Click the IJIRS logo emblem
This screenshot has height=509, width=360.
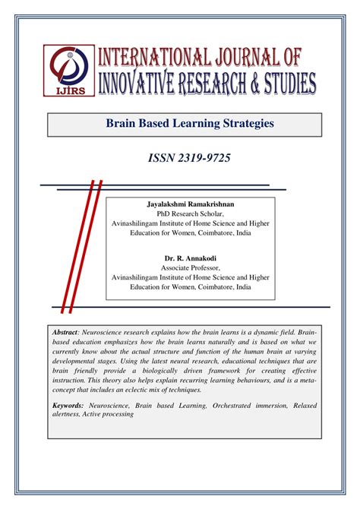click(x=69, y=70)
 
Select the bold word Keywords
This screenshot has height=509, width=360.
click(x=72, y=406)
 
